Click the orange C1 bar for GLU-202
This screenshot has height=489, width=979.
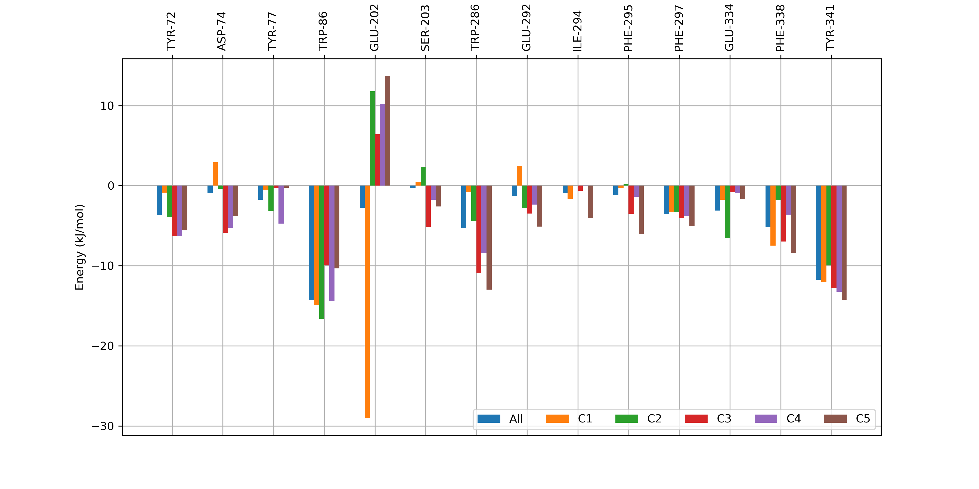tap(367, 302)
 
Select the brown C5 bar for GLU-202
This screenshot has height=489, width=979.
tap(388, 131)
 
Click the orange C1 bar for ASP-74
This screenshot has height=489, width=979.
tap(215, 174)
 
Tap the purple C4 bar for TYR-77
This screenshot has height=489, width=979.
tap(281, 204)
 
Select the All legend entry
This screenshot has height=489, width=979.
tap(500, 419)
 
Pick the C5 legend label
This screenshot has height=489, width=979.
tap(863, 419)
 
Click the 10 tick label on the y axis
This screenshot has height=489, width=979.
tap(107, 106)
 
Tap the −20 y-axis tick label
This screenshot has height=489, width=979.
tap(103, 346)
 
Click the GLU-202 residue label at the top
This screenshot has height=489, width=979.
tap(375, 28)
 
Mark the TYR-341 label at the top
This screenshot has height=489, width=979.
tap(831, 28)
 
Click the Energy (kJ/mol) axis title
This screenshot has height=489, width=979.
tap(79, 247)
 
